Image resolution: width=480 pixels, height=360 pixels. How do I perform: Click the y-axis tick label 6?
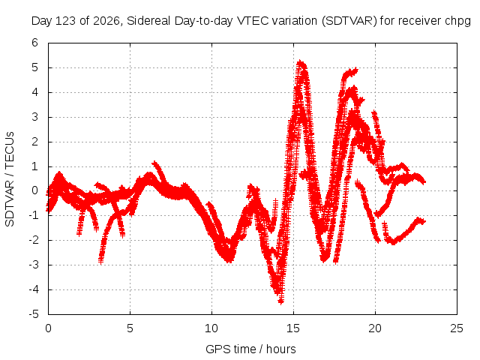click(x=35, y=43)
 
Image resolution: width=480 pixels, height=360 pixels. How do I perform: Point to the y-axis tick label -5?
click(x=34, y=314)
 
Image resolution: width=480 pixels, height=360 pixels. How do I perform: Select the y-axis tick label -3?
click(x=34, y=265)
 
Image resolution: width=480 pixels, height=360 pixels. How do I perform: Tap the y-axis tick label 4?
click(x=35, y=92)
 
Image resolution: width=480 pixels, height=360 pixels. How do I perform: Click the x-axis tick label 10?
click(x=211, y=328)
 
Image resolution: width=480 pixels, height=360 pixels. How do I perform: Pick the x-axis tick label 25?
click(x=457, y=328)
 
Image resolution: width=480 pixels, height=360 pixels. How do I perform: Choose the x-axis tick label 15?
click(x=293, y=328)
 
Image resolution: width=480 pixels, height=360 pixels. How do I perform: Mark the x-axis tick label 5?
click(x=130, y=328)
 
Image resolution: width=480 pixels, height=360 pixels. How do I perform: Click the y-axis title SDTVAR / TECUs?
click(x=10, y=179)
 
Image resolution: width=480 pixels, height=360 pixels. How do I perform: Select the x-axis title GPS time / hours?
click(x=250, y=349)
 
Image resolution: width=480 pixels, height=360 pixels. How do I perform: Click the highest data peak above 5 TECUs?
click(x=300, y=62)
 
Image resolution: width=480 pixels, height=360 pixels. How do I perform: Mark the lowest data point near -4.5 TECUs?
click(x=281, y=301)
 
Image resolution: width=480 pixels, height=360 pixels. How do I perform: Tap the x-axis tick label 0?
click(x=48, y=328)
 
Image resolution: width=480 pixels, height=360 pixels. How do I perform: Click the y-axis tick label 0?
click(x=35, y=191)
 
